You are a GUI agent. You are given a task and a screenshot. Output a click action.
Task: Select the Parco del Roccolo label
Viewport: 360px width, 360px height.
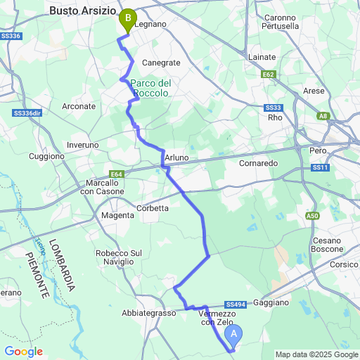tap(150, 89)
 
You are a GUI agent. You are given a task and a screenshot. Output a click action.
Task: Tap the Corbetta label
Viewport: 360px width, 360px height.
tap(152, 208)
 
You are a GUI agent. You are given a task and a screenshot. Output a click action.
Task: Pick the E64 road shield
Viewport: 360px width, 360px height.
tap(116, 174)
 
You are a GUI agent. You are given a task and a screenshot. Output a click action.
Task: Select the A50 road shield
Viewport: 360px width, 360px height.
tap(312, 215)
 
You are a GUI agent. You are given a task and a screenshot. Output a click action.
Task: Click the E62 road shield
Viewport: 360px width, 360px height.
tap(268, 73)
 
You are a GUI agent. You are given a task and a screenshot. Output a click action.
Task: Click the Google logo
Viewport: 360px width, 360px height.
tap(23, 351)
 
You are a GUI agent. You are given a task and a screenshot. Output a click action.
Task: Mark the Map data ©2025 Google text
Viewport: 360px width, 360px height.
tap(316, 354)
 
